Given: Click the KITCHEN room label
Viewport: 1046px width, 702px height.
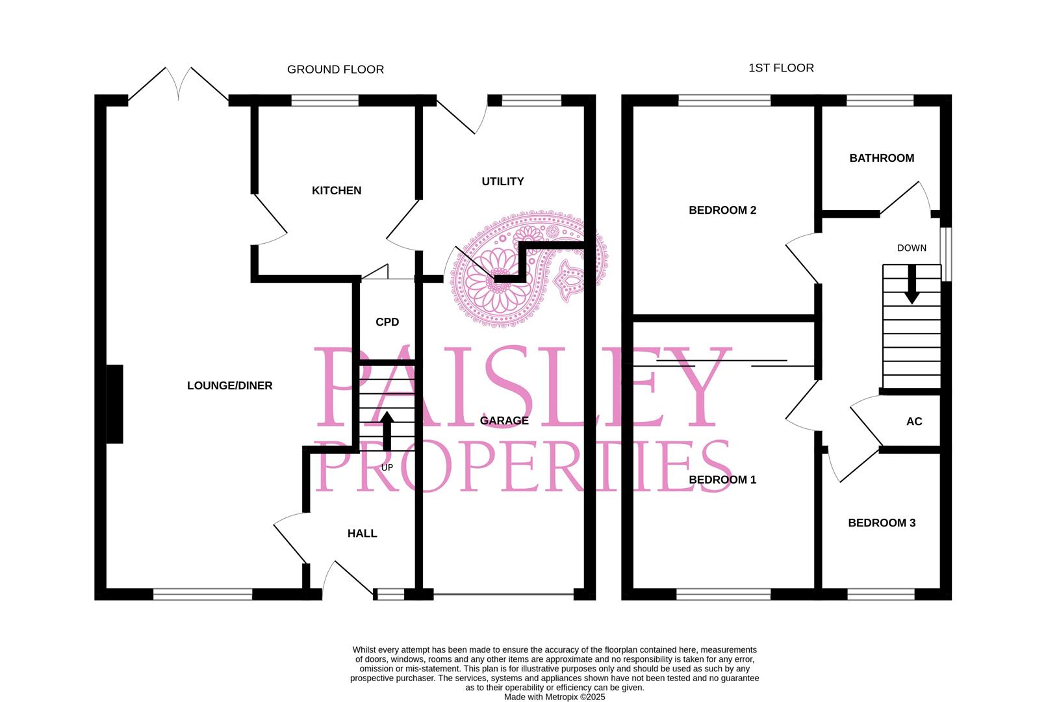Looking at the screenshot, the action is [337, 190].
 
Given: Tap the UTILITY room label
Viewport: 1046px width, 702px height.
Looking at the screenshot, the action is [502, 181].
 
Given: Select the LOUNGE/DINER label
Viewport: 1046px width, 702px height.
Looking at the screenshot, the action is [230, 385].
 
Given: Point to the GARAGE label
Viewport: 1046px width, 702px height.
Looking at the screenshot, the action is [504, 421].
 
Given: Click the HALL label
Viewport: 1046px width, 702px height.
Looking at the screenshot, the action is [362, 534].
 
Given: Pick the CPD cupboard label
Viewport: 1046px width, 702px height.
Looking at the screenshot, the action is [387, 322].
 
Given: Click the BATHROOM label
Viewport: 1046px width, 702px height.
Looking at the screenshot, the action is [882, 158].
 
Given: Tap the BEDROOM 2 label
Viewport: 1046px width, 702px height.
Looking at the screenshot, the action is [722, 210].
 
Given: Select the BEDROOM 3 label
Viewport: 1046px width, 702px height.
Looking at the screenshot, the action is [882, 523].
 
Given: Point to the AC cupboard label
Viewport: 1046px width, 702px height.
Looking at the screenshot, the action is [914, 421].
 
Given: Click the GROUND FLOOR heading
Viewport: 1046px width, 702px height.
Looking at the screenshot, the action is [335, 70].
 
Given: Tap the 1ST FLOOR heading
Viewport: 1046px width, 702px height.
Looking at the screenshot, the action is [781, 68].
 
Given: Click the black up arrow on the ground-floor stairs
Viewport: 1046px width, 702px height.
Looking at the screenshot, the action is [387, 431].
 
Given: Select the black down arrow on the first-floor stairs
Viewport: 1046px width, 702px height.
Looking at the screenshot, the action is [912, 285].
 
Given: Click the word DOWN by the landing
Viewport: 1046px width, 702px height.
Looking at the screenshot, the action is [912, 248].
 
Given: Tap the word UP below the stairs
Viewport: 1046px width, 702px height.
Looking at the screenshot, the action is [387, 467].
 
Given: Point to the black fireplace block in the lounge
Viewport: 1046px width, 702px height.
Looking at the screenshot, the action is [115, 404].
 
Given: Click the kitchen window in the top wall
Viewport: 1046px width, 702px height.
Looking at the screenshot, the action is [325, 100].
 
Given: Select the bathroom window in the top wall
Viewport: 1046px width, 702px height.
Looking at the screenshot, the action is [880, 100].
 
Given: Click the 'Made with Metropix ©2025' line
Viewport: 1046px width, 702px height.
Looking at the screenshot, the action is [554, 697].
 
